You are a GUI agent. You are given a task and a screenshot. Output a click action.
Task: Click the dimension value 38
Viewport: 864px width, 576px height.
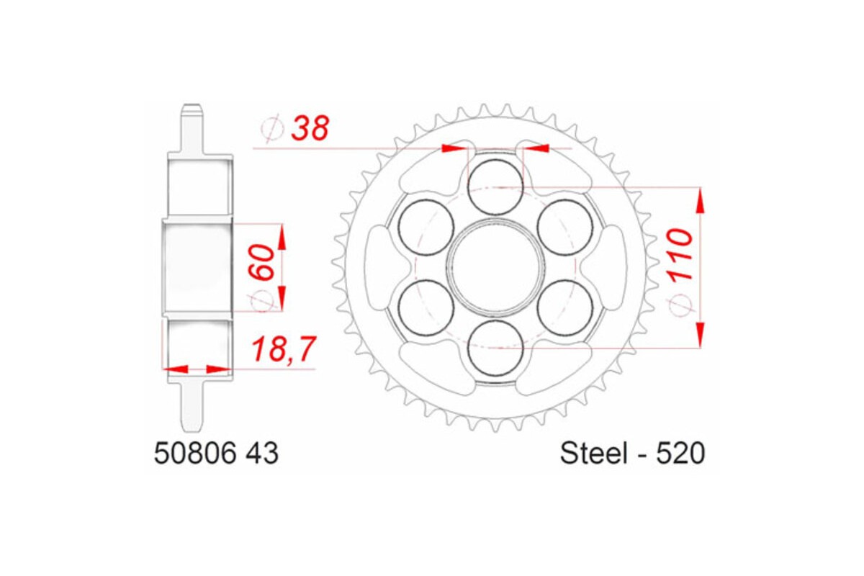[x=310, y=128]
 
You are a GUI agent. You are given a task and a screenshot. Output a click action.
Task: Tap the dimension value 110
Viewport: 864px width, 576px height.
[x=680, y=256]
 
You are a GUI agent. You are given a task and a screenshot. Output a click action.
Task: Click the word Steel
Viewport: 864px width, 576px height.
[x=590, y=454]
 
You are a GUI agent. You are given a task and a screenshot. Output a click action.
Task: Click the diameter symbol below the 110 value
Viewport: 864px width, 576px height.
[x=680, y=306]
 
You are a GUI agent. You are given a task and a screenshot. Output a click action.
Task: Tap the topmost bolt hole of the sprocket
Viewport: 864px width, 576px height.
[x=495, y=186]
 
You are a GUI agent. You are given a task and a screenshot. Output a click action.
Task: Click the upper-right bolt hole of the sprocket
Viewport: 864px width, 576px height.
[x=564, y=227]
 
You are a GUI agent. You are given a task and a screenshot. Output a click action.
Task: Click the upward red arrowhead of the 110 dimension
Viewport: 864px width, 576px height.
[x=699, y=201]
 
